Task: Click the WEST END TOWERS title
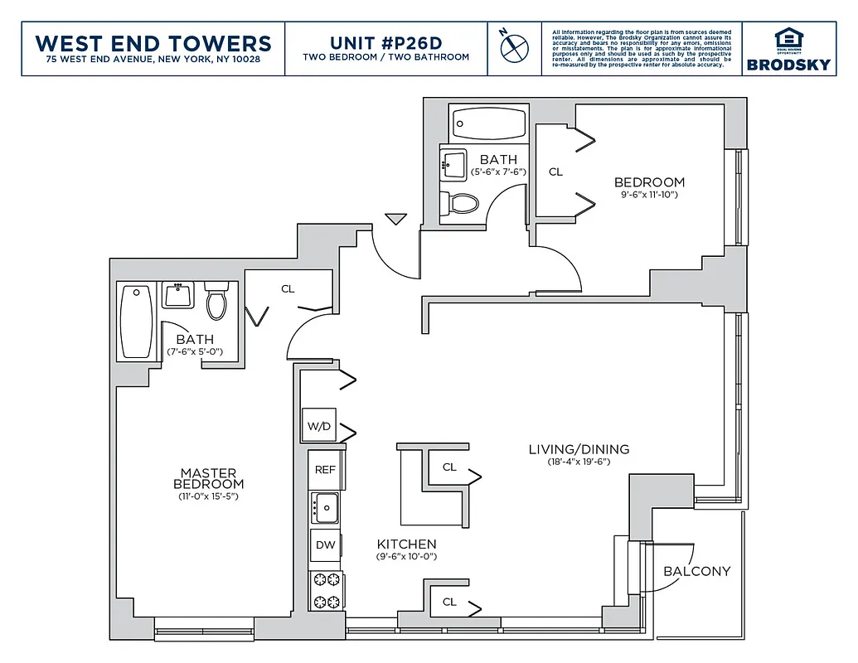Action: click(x=153, y=43)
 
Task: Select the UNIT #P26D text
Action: click(x=385, y=42)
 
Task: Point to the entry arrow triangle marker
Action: click(x=395, y=219)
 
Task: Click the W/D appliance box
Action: click(x=319, y=426)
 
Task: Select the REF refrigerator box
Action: click(x=325, y=470)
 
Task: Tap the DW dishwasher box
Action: click(x=325, y=545)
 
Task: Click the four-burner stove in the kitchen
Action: click(x=325, y=590)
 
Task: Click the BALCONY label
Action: click(x=696, y=571)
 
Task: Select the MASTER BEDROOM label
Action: click(x=208, y=478)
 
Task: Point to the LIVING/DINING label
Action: click(x=579, y=449)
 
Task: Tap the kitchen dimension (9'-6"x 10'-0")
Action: click(x=406, y=557)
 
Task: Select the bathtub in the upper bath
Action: click(x=489, y=125)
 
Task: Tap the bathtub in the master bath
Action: click(x=137, y=322)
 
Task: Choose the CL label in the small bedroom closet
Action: click(x=555, y=172)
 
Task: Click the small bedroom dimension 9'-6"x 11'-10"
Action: click(x=649, y=195)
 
